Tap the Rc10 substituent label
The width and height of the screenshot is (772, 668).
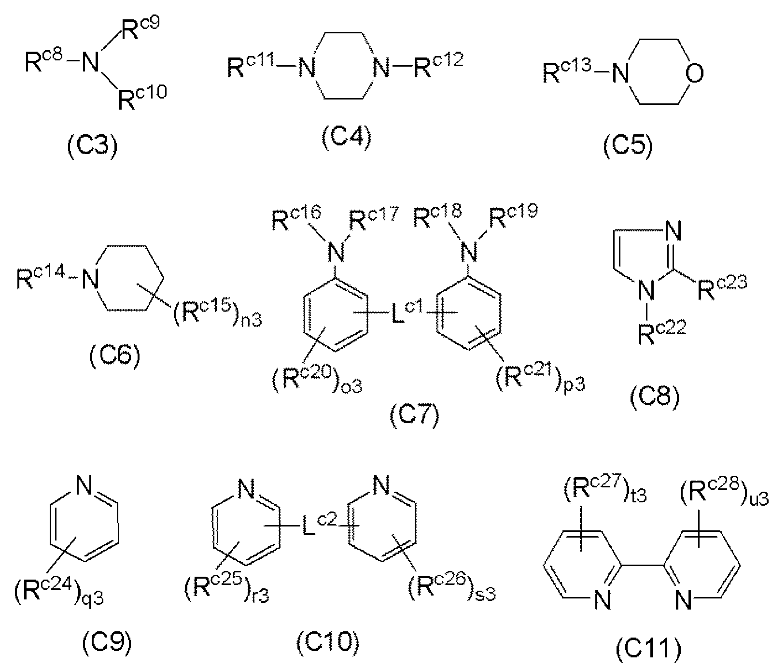point(142,97)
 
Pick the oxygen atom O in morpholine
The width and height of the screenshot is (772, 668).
point(694,73)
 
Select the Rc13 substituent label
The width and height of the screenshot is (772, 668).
point(566,73)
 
